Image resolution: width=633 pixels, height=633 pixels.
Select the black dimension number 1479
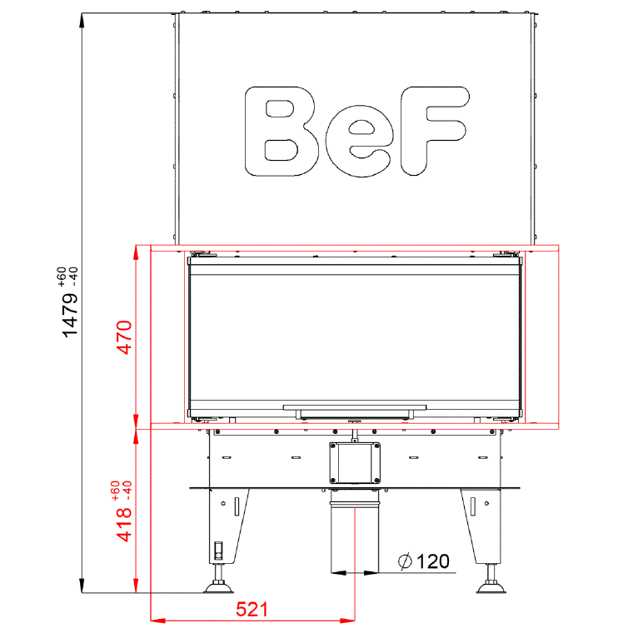69,315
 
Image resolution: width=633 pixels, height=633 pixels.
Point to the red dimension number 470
124,337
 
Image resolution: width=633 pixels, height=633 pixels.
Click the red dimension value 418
124,524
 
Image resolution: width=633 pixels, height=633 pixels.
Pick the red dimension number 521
252,609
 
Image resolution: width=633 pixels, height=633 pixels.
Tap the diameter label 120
433,561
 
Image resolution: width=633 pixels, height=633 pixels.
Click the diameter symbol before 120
405,561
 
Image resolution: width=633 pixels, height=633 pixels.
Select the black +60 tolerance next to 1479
62,277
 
